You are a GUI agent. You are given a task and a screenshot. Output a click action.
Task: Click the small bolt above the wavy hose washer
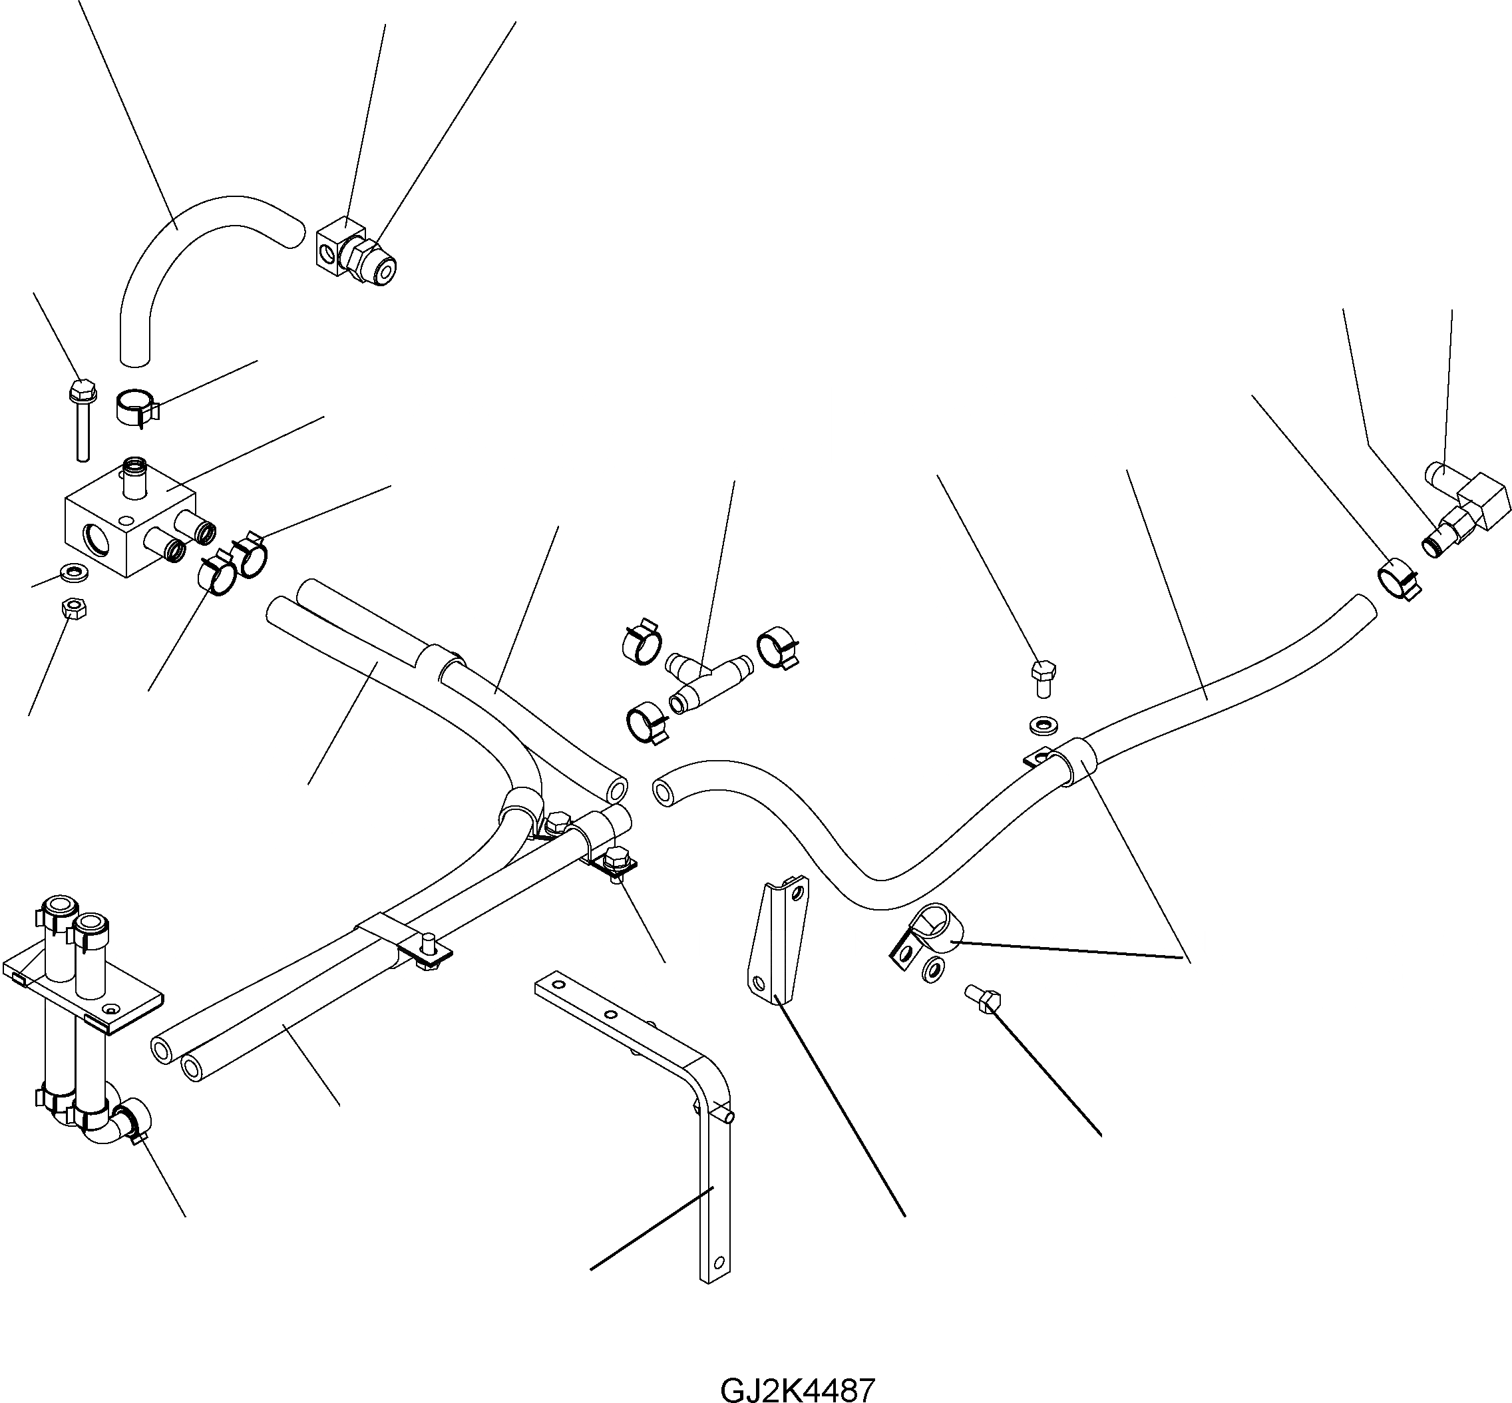tap(1043, 677)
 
